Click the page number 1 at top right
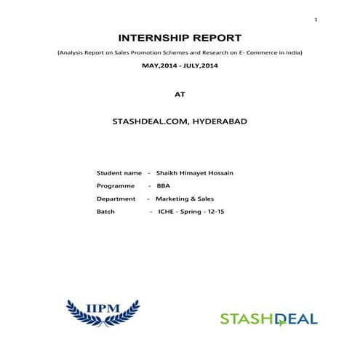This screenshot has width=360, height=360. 316,19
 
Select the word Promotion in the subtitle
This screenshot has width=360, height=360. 138,53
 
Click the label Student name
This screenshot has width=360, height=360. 119,173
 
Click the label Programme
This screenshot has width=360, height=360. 116,185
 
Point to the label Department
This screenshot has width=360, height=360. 116,199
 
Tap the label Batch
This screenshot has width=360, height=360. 105,211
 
